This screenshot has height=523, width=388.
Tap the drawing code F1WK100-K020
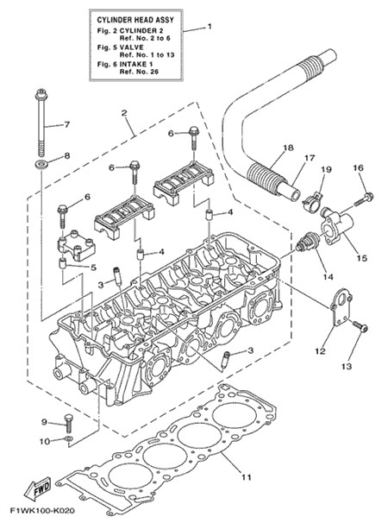click(42, 511)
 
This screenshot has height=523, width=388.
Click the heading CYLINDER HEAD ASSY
click(135, 20)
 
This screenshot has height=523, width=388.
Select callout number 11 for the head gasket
click(246, 477)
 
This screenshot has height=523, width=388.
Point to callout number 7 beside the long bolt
click(67, 125)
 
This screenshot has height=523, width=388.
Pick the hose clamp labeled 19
click(313, 199)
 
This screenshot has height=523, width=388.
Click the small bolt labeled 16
click(363, 198)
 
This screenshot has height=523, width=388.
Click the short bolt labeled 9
click(67, 424)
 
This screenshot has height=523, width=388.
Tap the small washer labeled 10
click(68, 438)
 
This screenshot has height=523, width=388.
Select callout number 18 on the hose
click(289, 147)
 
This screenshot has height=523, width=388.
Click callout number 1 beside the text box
click(210, 26)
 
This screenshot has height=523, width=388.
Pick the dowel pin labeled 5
click(63, 263)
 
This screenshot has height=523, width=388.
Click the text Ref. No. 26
click(139, 72)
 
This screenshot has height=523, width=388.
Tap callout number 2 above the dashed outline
click(124, 113)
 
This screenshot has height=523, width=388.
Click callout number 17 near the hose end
click(310, 157)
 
